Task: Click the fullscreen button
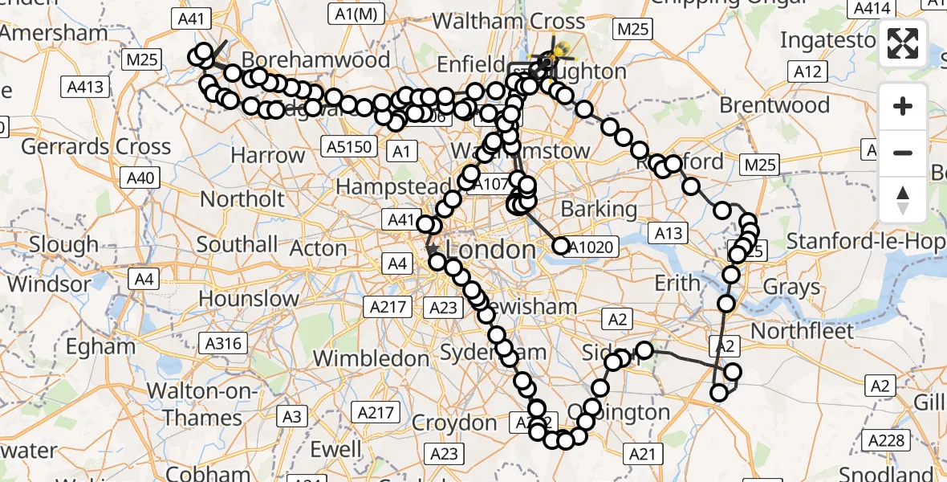point(903,43)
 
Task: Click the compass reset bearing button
point(903,200)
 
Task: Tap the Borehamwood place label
point(316,60)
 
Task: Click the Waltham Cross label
point(509,21)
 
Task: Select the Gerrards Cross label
point(96,147)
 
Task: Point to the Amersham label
point(55,34)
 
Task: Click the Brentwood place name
point(774,105)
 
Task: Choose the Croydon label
point(454,422)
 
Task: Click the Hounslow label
point(249,299)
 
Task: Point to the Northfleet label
point(803,330)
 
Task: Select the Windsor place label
point(50,284)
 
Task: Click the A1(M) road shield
point(354,13)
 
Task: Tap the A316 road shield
point(222,344)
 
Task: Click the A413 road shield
point(86,87)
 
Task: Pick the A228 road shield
point(887,440)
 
